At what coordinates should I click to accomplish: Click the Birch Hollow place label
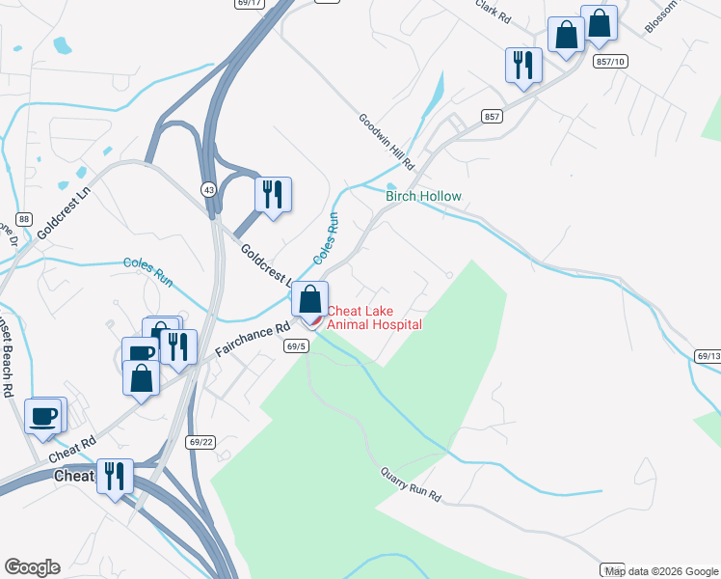[423, 196]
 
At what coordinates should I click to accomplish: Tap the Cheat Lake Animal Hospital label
[374, 317]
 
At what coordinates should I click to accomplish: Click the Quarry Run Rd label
[410, 484]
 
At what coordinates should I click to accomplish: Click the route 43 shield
[208, 189]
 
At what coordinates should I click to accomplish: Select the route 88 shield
[24, 219]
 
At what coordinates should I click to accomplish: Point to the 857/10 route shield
[611, 61]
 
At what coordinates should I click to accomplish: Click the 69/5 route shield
[296, 345]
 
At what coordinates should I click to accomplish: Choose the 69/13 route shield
[708, 356]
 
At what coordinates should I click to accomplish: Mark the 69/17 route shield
[249, 3]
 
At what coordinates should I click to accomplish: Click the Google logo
[32, 567]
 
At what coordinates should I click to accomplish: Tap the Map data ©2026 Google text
[662, 571]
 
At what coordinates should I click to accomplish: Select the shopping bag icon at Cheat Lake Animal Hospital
[309, 299]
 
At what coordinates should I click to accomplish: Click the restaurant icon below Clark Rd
[523, 66]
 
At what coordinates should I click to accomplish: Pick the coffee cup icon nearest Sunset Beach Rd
[42, 416]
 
